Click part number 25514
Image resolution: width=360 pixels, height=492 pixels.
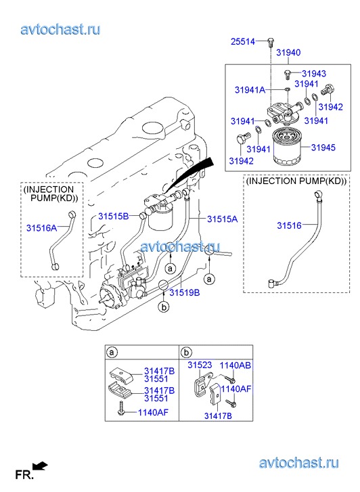[x=243, y=41]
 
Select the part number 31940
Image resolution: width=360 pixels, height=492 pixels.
[x=288, y=52]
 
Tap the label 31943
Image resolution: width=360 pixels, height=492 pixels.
[x=314, y=73]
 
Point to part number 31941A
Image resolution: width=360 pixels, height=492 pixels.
[x=250, y=90]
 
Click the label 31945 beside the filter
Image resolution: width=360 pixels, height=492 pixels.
[x=323, y=147]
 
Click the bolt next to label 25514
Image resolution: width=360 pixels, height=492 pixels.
[x=271, y=43]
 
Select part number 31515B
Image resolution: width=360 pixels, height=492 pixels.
[x=113, y=216]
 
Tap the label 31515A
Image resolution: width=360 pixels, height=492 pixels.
[x=222, y=219]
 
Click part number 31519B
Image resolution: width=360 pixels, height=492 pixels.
[x=185, y=292]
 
